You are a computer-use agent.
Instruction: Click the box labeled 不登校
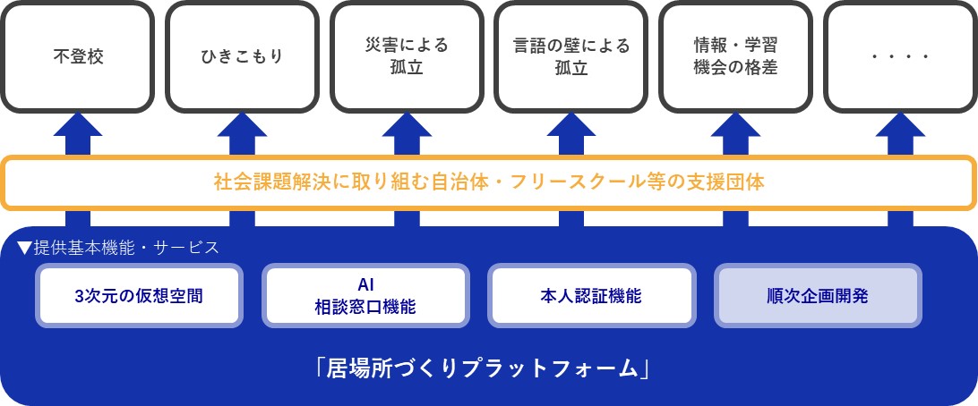click(78, 56)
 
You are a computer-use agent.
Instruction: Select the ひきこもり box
click(242, 56)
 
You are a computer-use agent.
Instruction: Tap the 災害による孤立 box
click(407, 56)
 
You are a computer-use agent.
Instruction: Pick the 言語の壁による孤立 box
click(571, 56)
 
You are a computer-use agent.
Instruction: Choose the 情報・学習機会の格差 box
click(735, 56)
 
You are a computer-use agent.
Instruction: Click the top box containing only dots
click(899, 56)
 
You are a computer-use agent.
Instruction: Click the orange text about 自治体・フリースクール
click(489, 182)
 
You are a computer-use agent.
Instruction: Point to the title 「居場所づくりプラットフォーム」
click(488, 368)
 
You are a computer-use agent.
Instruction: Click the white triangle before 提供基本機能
click(24, 247)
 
